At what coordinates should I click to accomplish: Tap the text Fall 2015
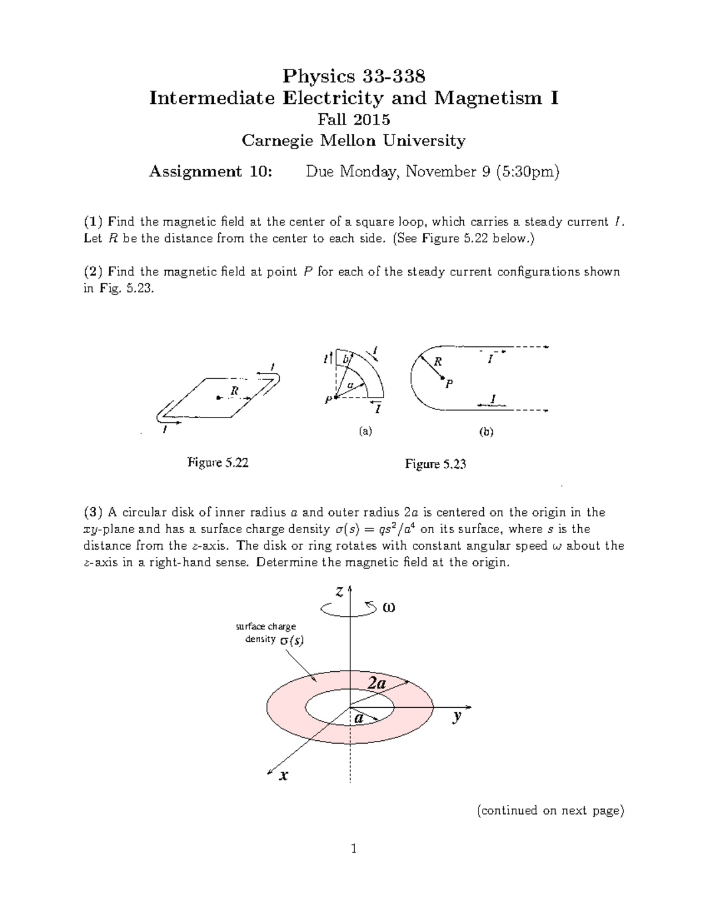[x=353, y=120]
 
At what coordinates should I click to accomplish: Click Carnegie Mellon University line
[x=353, y=140]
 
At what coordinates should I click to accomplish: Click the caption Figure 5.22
[x=218, y=463]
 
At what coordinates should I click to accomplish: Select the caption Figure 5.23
[x=435, y=464]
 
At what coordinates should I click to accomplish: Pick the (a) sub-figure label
[x=366, y=431]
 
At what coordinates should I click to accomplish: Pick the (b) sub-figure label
[x=486, y=432]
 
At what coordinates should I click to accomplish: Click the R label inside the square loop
[x=234, y=390]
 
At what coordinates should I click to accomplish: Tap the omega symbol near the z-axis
[x=389, y=608]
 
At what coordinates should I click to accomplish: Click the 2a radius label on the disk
[x=377, y=683]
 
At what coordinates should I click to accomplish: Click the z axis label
[x=339, y=593]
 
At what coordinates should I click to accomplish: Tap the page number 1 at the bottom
[x=353, y=849]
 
